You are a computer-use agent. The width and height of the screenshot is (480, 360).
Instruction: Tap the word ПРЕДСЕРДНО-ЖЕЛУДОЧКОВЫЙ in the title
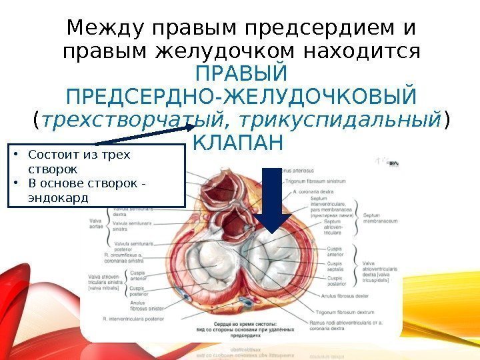pos(241,97)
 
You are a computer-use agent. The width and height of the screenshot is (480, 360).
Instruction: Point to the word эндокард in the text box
pos(58,197)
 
